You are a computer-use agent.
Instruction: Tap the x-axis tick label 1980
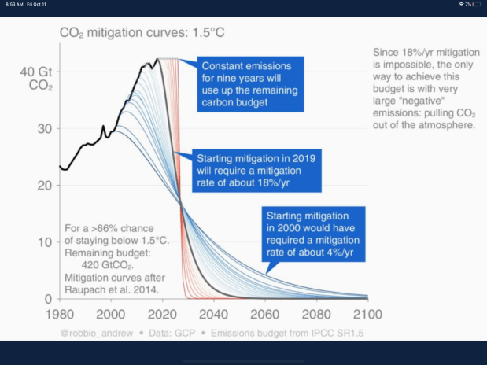(61, 312)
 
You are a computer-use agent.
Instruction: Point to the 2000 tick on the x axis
(113, 312)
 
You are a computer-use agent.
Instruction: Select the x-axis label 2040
(215, 312)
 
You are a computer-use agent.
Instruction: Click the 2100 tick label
(366, 312)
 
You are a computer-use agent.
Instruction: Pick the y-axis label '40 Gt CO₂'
(35, 79)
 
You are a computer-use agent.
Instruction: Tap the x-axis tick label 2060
(265, 312)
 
